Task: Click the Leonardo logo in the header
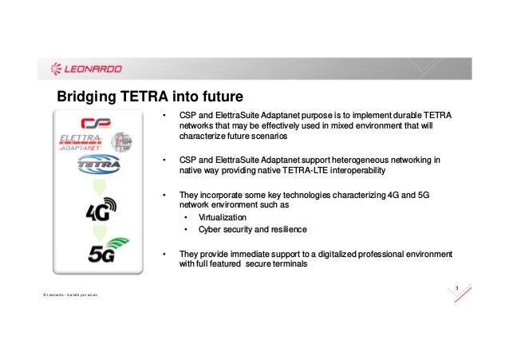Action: [x=86, y=68]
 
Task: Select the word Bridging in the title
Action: [x=85, y=98]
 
